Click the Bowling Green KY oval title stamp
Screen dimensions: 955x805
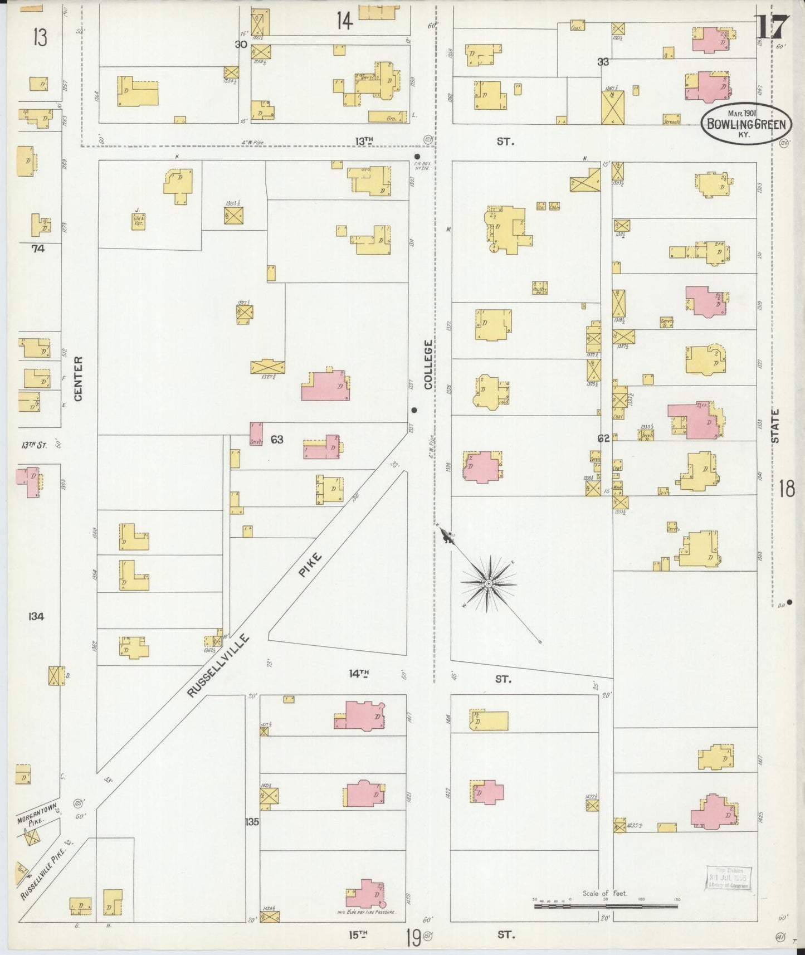pos(746,123)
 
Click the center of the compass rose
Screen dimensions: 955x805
pos(488,583)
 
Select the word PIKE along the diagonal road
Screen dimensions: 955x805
pos(310,564)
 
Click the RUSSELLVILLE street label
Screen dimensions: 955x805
pos(217,666)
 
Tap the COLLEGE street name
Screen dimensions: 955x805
pos(428,364)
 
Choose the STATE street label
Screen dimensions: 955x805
pos(775,426)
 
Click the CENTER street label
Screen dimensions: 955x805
pos(78,378)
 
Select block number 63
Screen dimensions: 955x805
pos(277,440)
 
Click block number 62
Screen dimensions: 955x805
pos(603,438)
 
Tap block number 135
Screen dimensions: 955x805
pos(252,821)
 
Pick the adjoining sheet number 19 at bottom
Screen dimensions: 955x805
pos(413,938)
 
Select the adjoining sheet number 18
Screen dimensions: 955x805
pos(787,489)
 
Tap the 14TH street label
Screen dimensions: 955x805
pos(359,674)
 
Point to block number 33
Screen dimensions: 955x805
pos(603,62)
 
